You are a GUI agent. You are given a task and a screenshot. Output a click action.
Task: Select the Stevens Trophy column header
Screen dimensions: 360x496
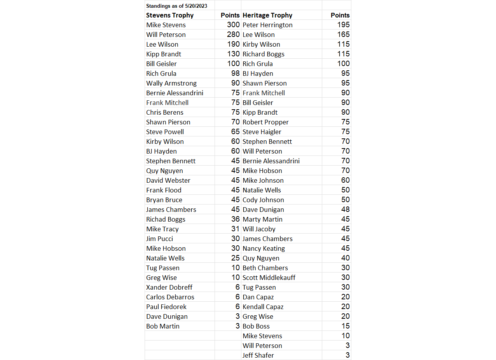click(170, 15)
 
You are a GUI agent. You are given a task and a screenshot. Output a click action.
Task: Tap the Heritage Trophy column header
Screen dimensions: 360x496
click(267, 15)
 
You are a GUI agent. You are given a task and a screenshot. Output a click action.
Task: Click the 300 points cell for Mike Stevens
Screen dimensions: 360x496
click(233, 25)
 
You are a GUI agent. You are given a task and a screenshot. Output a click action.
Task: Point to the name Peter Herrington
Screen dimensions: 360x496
click(267, 25)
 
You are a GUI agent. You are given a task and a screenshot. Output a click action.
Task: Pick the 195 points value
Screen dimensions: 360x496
click(343, 25)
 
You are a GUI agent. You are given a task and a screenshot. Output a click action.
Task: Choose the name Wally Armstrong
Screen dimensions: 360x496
click(171, 83)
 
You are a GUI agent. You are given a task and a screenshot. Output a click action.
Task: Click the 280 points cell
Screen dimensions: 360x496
click(233, 35)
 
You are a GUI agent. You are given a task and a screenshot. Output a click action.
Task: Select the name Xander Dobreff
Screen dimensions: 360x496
click(169, 287)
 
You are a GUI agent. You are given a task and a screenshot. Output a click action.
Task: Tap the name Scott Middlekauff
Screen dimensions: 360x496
click(269, 278)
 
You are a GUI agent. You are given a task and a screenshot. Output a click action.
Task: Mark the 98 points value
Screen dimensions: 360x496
click(236, 73)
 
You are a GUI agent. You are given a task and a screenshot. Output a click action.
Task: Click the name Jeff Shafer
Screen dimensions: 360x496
click(258, 355)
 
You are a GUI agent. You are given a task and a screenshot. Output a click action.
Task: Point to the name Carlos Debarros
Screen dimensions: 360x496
click(170, 297)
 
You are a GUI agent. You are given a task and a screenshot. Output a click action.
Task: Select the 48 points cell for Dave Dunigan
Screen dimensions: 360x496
click(346, 210)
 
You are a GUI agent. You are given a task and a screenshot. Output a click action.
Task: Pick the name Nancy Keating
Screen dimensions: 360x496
click(264, 248)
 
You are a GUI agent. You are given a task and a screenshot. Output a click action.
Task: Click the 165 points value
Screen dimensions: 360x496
click(343, 35)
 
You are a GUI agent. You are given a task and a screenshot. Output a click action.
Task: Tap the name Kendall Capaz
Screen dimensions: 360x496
click(263, 307)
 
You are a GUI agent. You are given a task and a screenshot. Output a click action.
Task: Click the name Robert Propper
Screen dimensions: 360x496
click(265, 122)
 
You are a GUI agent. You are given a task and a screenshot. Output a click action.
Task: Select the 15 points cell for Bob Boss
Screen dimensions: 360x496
click(346, 326)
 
